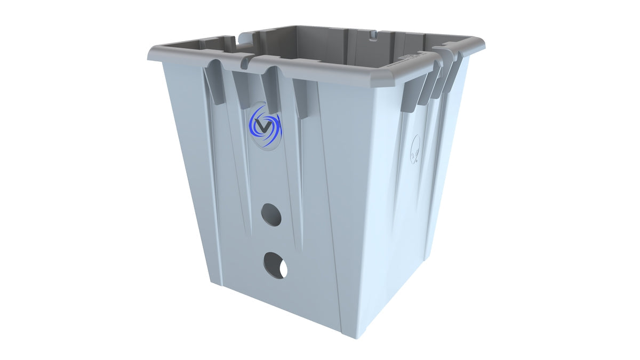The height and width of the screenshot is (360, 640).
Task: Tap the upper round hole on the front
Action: [271, 215]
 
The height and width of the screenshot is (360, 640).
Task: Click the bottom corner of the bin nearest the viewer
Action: [352, 335]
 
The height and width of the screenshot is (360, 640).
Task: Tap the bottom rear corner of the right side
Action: [425, 260]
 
